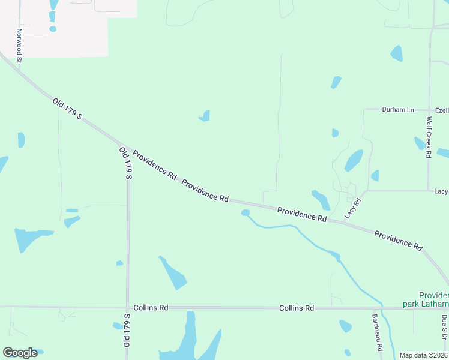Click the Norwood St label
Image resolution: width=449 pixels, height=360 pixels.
(19, 46)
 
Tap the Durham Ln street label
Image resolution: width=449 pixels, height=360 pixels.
(399, 110)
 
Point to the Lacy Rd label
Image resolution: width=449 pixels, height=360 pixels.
(352, 208)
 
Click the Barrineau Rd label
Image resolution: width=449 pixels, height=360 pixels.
(376, 333)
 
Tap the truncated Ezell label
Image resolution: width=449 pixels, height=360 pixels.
(442, 110)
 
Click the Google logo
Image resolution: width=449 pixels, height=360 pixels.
(20, 353)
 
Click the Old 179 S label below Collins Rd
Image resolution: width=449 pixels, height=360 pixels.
(127, 330)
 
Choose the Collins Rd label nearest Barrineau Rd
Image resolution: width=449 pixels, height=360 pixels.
(297, 308)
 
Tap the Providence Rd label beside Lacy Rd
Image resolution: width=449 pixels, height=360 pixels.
(301, 215)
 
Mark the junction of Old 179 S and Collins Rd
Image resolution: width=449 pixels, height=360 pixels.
(127, 307)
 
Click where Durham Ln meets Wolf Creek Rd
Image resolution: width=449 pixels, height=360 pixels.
(429, 110)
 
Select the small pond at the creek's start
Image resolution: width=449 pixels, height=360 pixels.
(245, 212)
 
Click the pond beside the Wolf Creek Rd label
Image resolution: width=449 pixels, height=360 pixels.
(419, 143)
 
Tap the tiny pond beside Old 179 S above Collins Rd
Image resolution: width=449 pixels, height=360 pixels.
(119, 263)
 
